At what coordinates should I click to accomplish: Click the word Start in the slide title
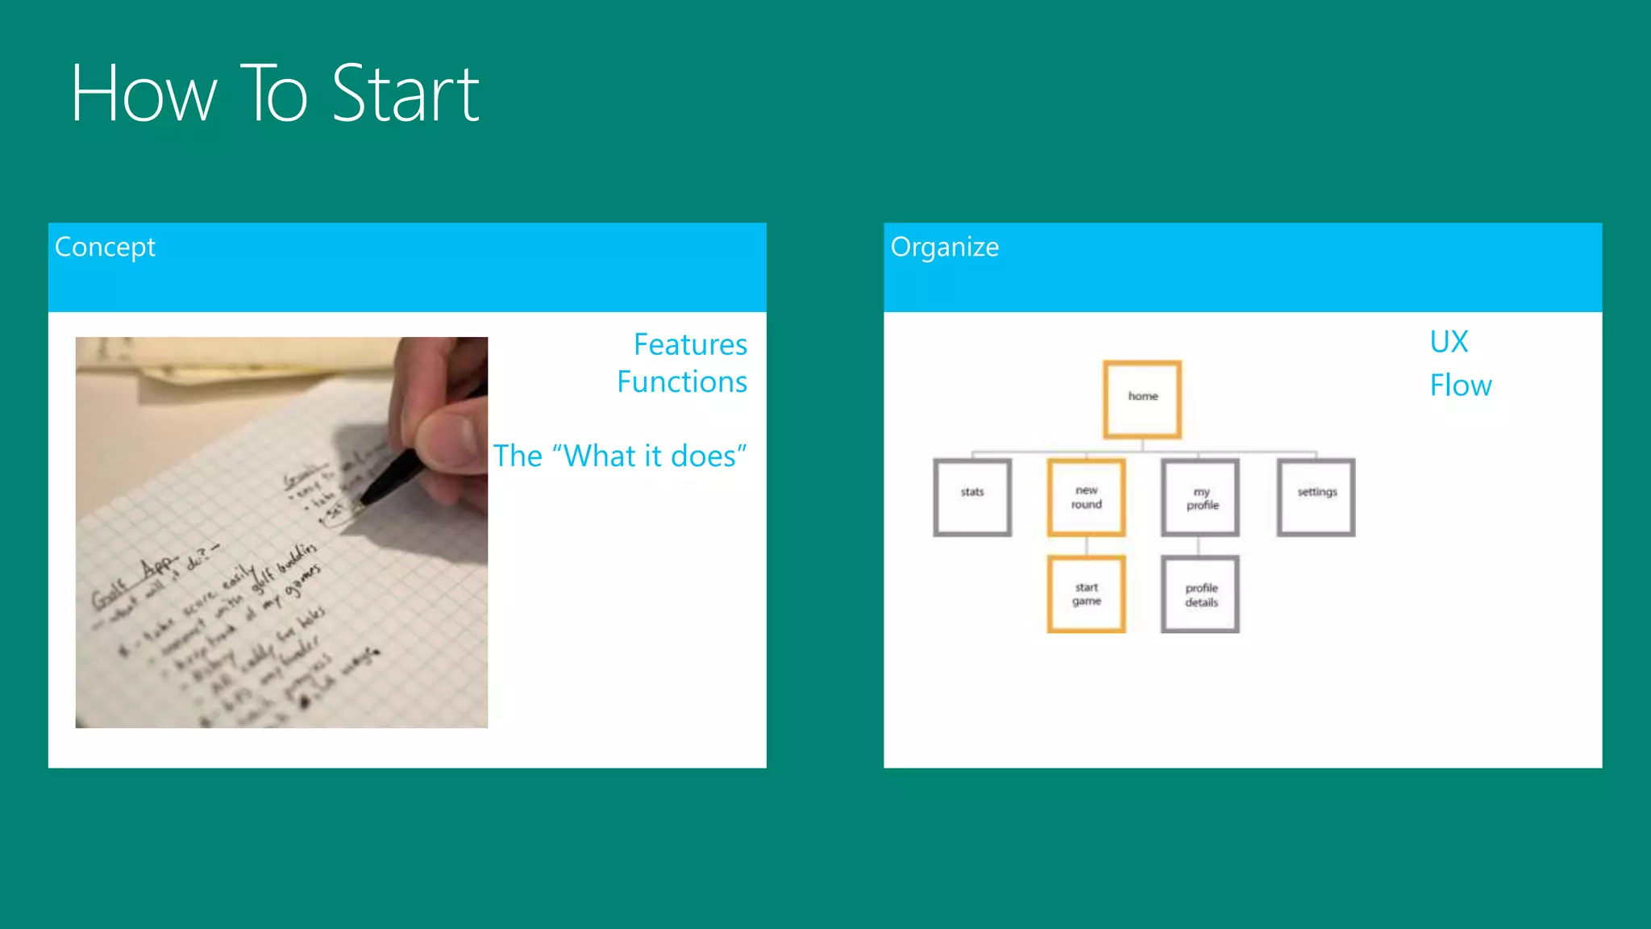405,94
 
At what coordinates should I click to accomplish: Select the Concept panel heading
105,247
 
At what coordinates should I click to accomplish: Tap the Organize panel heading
944,247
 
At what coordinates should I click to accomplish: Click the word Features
690,344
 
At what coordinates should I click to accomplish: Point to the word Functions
682,381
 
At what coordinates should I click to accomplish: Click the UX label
1449,342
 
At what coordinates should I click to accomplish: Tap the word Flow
1460,385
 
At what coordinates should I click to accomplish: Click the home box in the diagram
1142,398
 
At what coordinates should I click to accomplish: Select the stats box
972,497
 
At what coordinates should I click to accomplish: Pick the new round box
1086,497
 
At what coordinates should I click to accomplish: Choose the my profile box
1200,497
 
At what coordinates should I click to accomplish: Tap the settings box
1316,497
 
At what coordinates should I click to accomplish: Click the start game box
1086,594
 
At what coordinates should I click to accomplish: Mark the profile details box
1200,594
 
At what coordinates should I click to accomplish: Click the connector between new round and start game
1086,546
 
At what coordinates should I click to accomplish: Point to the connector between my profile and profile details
1199,546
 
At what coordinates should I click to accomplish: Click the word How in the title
143,94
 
